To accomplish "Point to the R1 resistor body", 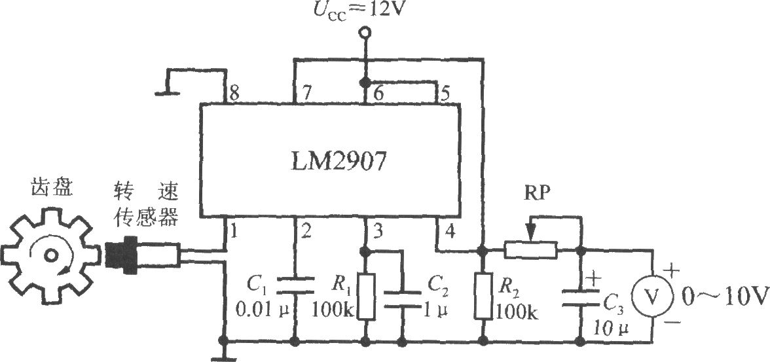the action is pyautogui.click(x=367, y=296).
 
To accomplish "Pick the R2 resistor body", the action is pyautogui.click(x=483, y=296).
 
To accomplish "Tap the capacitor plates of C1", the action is pyautogui.click(x=295, y=285).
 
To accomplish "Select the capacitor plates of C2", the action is pyautogui.click(x=402, y=299).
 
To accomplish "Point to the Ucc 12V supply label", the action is pyautogui.click(x=357, y=9).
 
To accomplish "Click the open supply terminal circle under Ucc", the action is pyautogui.click(x=365, y=33).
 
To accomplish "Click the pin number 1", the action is pyautogui.click(x=234, y=231).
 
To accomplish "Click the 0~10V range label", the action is pyautogui.click(x=724, y=297).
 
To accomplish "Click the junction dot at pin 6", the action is pyautogui.click(x=365, y=81).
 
